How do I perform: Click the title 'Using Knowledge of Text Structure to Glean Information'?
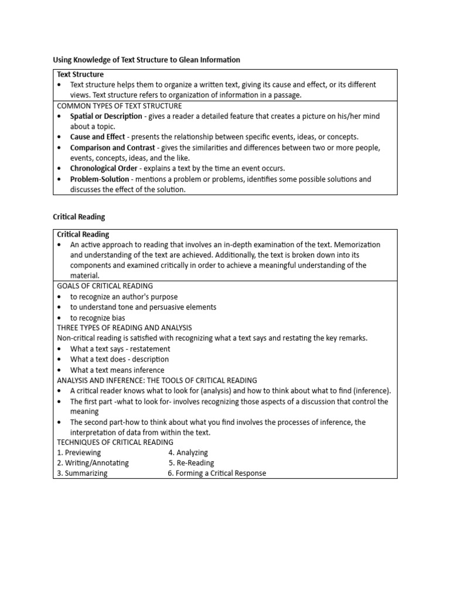146,59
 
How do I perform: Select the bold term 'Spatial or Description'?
106,116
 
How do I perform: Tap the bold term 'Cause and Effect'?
97,137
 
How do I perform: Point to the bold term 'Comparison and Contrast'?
112,148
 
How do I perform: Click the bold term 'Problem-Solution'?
100,179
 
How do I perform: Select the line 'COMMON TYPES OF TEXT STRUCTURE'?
119,106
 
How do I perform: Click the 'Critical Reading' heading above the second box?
79,217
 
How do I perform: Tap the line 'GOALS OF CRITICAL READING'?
105,286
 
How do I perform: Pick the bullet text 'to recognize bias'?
97,318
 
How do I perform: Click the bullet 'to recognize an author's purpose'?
124,296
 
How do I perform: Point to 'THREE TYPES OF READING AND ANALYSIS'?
124,328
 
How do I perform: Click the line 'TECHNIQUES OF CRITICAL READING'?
115,442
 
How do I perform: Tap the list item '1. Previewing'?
79,452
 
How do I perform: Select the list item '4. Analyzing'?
188,452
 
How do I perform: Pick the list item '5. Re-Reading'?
191,463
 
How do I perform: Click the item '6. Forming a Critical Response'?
216,473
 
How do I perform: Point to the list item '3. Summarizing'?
82,473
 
